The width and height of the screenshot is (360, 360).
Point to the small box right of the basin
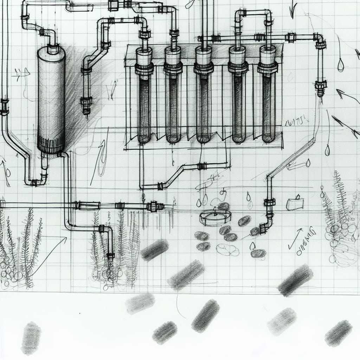(x=295, y=204)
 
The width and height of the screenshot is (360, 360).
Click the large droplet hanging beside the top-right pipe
(x=340, y=65)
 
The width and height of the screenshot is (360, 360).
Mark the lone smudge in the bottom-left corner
(x=31, y=338)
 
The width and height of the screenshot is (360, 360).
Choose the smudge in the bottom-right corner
(x=338, y=333)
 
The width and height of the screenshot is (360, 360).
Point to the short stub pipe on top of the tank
(x=52, y=48)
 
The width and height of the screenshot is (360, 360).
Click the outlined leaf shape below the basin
(x=227, y=250)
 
